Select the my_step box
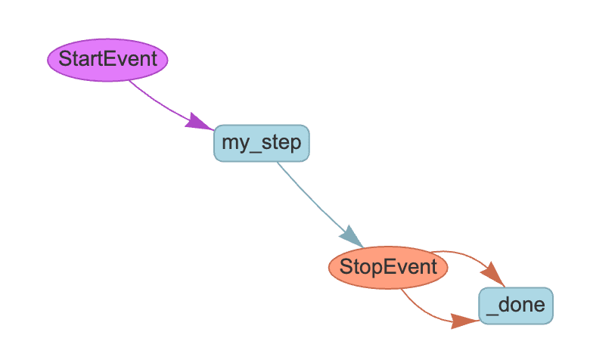pos(262,142)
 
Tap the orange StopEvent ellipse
pos(388,267)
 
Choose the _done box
pos(516,306)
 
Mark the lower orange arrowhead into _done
pos(464,321)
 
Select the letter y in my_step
pos(243,144)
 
